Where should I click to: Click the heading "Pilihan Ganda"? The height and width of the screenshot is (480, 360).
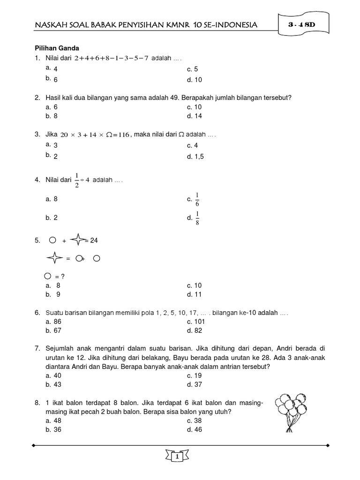coord(57,48)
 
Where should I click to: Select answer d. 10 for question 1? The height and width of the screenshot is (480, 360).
coord(194,80)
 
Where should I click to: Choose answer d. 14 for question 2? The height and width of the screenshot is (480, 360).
coord(194,116)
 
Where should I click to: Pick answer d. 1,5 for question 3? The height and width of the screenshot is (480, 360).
coord(195,157)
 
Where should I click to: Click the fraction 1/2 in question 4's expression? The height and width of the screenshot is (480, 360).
coord(76,180)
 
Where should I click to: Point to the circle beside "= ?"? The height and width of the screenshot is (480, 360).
coord(48,276)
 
